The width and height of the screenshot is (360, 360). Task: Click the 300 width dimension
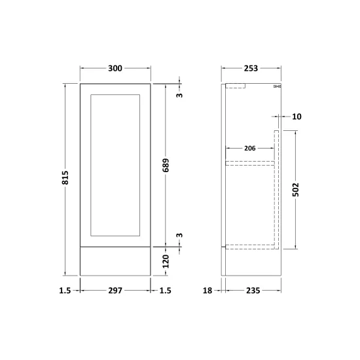click(115, 68)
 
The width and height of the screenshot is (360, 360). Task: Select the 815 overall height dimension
click(65, 177)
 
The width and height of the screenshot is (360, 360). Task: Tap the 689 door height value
click(166, 165)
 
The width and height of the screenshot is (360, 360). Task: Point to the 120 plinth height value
click(166, 261)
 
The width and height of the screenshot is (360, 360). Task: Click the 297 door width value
click(115, 291)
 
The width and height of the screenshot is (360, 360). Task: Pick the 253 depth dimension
click(251, 68)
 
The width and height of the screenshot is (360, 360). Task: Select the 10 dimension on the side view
click(297, 117)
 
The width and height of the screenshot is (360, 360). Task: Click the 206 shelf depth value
click(250, 149)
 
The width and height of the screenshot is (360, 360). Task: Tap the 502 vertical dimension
click(296, 190)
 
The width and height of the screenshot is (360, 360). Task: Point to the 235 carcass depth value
click(253, 291)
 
